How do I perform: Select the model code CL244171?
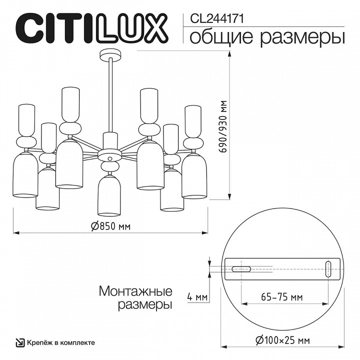[x=215, y=18]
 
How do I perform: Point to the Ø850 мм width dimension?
[x=110, y=226]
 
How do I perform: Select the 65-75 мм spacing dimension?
[x=282, y=297]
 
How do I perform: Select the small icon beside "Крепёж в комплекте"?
[x=20, y=342]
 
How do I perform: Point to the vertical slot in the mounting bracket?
[x=328, y=268]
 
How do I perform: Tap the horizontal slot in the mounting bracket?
[x=240, y=268]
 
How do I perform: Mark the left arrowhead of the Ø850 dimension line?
[x=15, y=233]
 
